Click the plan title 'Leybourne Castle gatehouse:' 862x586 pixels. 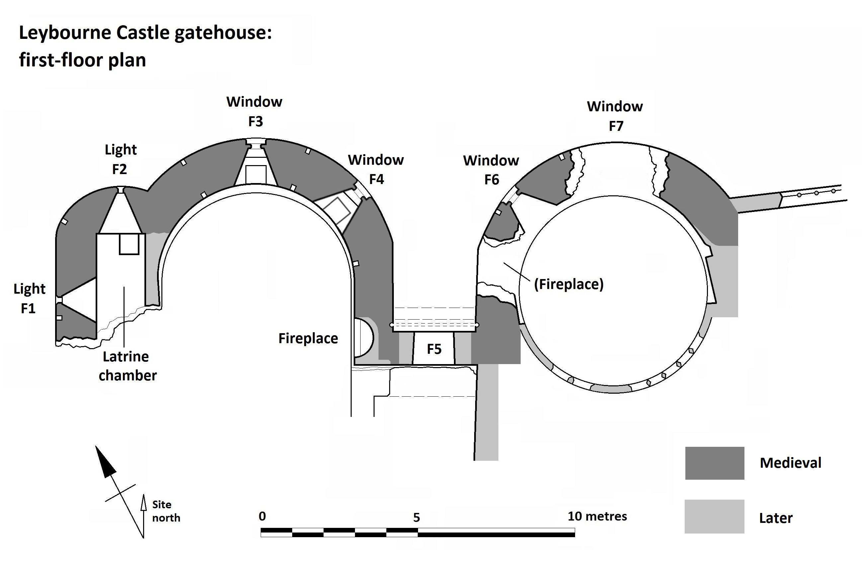tap(145, 33)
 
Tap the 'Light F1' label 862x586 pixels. tap(29, 298)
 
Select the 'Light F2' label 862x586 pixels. tap(121, 159)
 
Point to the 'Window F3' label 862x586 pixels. tap(254, 111)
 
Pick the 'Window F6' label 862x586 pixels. tap(491, 170)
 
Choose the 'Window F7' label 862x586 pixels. tap(615, 116)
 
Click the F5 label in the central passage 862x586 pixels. tap(434, 349)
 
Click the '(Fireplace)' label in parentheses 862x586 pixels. tap(568, 284)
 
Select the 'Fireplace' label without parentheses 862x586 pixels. tap(308, 339)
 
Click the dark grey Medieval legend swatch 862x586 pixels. tap(714, 463)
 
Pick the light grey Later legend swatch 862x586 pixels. tap(714, 517)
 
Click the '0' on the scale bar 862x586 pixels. tap(262, 516)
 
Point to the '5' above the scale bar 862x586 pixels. tap(416, 517)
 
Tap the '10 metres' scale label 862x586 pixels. tap(597, 516)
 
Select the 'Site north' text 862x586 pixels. tap(166, 511)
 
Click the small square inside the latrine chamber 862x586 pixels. tap(129, 244)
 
